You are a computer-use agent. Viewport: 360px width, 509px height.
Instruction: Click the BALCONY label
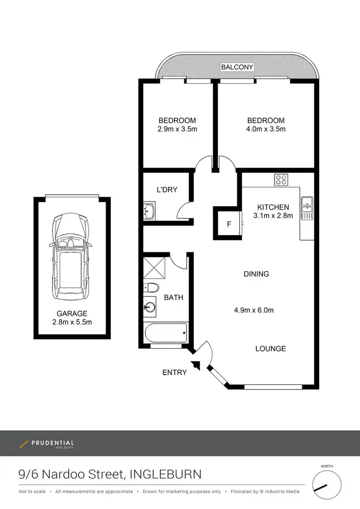click(x=237, y=67)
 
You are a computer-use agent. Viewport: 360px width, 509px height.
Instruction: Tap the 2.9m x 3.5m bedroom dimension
click(x=178, y=129)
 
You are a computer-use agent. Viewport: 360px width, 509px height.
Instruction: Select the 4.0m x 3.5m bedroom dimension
click(x=266, y=129)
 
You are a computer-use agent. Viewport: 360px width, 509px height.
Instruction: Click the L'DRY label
click(x=167, y=189)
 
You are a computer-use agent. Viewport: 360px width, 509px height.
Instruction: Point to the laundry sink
click(x=149, y=210)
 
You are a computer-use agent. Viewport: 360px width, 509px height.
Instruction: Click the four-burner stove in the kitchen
click(x=281, y=180)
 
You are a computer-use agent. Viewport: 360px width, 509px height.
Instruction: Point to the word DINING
click(x=256, y=274)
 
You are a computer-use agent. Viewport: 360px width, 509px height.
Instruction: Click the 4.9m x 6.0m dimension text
click(x=254, y=310)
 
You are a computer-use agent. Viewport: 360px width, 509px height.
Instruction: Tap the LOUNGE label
click(x=271, y=348)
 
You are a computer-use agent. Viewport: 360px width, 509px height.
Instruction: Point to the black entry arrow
click(x=196, y=365)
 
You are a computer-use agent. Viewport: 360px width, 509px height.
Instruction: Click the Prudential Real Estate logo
click(x=47, y=444)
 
